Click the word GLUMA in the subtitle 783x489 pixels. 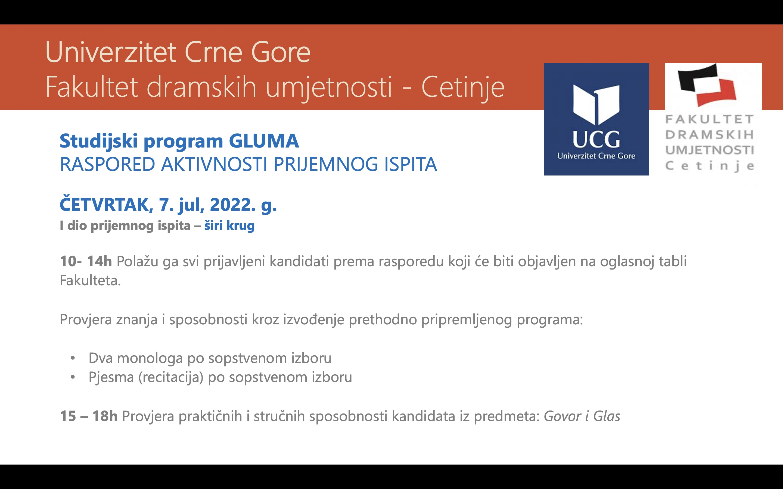[x=264, y=141]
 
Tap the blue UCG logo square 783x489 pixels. [x=596, y=119]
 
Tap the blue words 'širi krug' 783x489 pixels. [x=229, y=226]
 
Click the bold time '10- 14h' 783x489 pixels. [x=86, y=261]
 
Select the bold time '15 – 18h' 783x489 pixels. [x=89, y=416]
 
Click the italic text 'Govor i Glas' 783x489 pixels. [x=582, y=416]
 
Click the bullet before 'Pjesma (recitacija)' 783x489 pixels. [x=73, y=377]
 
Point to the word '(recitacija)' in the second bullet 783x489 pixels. [x=171, y=377]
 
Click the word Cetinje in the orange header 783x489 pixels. [x=463, y=87]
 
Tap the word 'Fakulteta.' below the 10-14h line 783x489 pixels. [x=90, y=280]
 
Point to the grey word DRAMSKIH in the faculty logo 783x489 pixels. [x=710, y=134]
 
